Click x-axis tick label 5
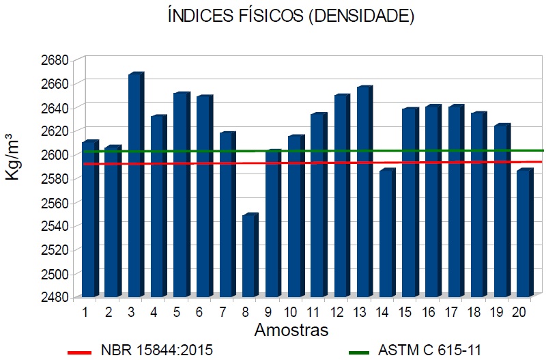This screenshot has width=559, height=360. tap(177, 312)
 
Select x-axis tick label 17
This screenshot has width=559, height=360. tap(451, 312)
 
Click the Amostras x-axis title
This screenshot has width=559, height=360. tap(291, 331)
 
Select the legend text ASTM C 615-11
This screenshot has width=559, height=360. tap(429, 351)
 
